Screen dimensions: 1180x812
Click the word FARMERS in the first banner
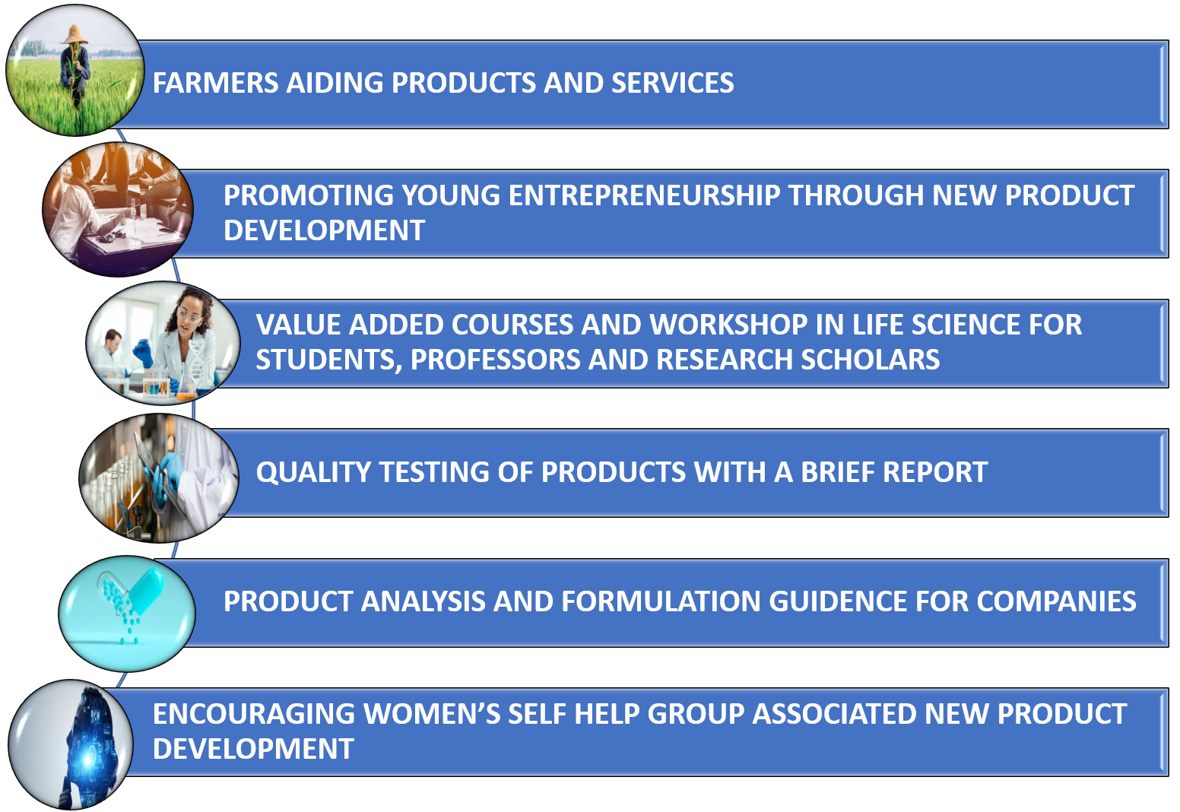215,83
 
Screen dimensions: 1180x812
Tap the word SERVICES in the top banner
672,83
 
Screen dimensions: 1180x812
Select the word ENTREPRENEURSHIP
644,195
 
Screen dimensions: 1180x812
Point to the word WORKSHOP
728,325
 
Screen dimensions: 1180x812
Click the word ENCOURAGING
253,714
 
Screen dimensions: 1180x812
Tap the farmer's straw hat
75,34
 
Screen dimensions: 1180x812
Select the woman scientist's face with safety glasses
189,313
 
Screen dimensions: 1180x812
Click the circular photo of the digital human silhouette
71,744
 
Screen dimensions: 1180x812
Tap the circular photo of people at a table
118,209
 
